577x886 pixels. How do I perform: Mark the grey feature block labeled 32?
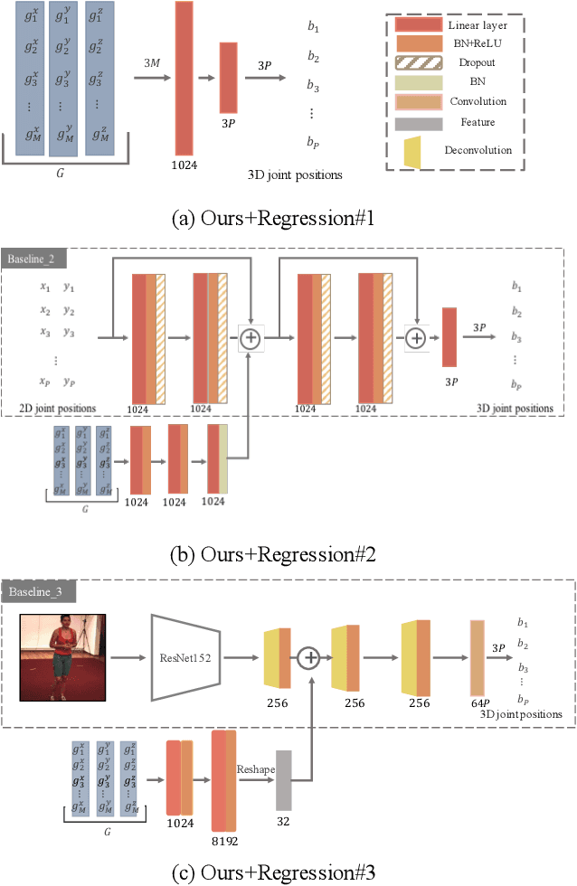(284, 779)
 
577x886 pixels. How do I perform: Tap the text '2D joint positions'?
(56, 408)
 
